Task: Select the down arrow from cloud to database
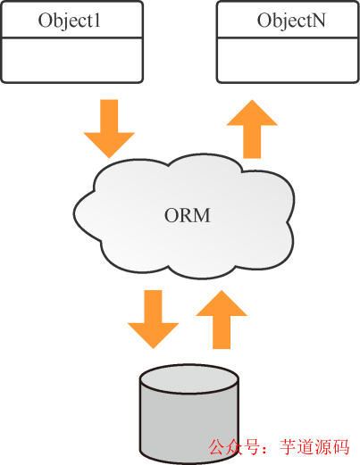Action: [x=153, y=317]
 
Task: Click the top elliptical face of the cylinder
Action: [x=189, y=379]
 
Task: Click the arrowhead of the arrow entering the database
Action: [x=153, y=334]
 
